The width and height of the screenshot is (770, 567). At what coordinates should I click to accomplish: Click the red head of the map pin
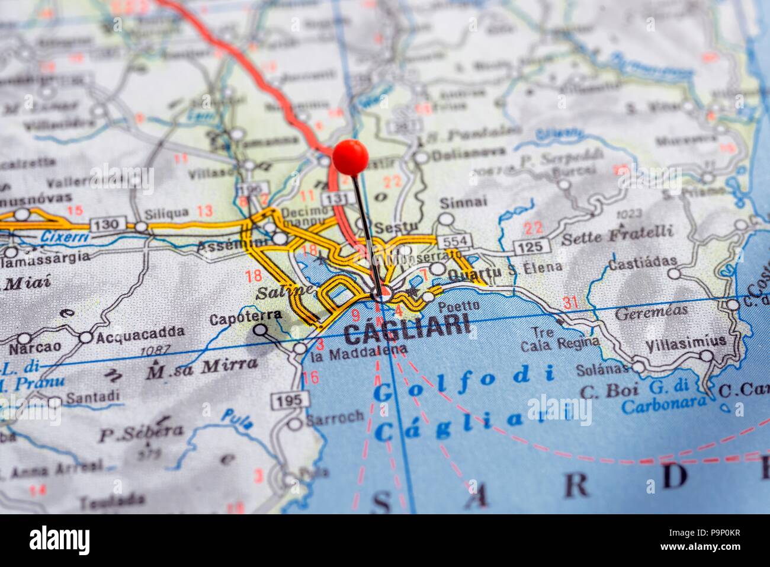tap(350, 157)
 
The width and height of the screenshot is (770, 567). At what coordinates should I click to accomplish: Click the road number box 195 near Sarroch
tap(289, 401)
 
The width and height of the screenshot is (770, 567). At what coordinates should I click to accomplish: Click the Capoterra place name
tap(246, 318)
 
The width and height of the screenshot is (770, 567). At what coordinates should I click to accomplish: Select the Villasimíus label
tap(678, 342)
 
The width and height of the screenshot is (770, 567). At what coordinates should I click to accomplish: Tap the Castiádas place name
tap(642, 261)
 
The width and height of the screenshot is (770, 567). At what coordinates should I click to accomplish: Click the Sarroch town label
tap(335, 417)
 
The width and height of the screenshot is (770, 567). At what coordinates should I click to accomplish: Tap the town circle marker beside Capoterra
tap(260, 331)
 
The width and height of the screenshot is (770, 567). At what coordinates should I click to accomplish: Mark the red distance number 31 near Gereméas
tap(570, 303)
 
